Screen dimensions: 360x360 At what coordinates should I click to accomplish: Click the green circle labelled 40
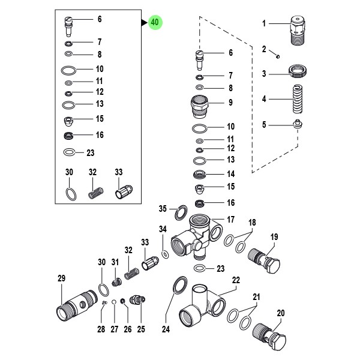tap(155, 23)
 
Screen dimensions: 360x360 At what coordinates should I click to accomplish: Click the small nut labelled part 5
tap(297, 125)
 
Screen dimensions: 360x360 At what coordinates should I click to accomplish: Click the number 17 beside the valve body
tap(231, 219)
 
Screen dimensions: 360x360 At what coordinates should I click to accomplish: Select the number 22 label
tap(236, 280)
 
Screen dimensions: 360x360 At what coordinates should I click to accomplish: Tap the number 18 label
tap(252, 223)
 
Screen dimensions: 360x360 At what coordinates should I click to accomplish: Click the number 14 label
tap(230, 173)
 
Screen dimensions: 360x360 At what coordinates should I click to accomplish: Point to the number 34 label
tap(163, 229)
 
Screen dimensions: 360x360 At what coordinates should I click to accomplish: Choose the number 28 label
tap(101, 329)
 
